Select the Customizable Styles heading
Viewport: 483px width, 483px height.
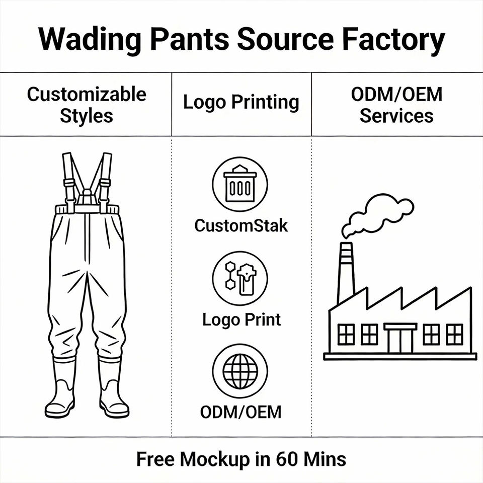87,105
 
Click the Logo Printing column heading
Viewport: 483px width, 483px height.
241,102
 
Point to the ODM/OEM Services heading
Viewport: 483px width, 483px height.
397,105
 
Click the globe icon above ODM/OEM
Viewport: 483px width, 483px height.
240,371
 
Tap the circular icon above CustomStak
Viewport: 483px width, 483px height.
240,184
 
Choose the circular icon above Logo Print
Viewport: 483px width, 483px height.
240,278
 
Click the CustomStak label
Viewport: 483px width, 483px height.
241,226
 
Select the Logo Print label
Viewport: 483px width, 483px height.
242,320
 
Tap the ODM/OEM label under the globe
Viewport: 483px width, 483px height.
241,412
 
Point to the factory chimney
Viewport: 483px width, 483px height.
346,272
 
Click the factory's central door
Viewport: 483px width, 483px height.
400,338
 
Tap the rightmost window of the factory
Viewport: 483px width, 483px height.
454,334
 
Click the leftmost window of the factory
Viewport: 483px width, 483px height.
346,334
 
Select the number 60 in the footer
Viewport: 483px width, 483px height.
287,459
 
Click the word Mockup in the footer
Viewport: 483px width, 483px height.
215,460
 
